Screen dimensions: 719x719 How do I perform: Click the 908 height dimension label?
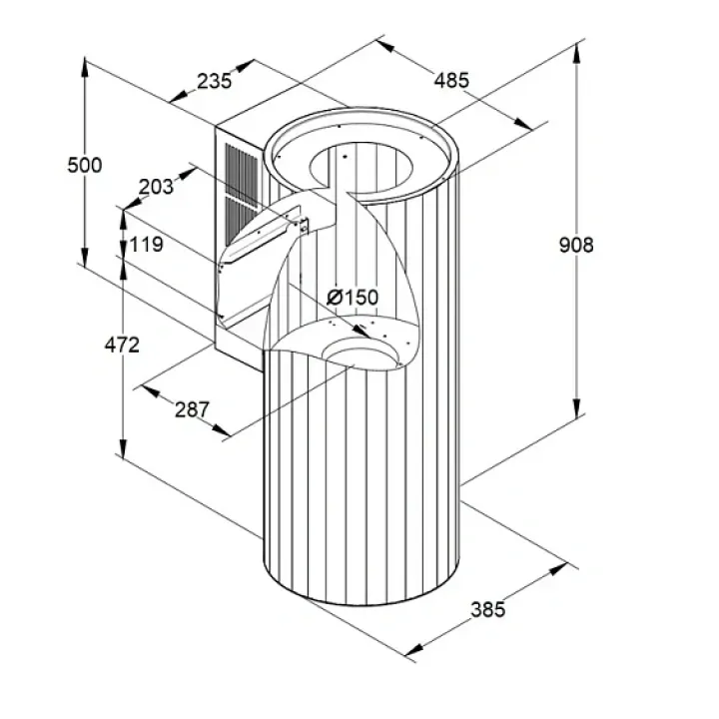tap(576, 245)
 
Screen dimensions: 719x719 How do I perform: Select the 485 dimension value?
tap(451, 80)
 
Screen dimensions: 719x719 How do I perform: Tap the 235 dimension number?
tap(214, 81)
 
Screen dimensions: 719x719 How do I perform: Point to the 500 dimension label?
tap(84, 165)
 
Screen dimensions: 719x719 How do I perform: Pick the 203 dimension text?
tap(156, 187)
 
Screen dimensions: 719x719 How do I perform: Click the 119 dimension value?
tap(146, 245)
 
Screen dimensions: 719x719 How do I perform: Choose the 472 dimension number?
tap(122, 345)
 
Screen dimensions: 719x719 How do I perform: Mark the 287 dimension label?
tap(192, 409)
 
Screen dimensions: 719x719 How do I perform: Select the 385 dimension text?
tap(488, 609)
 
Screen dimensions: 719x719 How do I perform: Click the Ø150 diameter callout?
tap(353, 298)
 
